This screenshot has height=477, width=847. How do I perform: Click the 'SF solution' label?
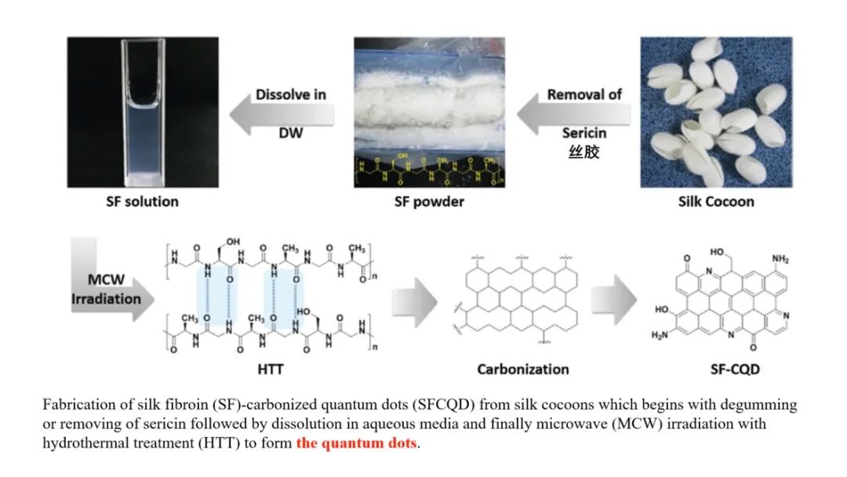point(142,202)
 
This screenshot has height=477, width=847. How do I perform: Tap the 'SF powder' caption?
point(429,202)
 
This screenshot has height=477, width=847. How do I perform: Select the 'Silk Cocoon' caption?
point(716,202)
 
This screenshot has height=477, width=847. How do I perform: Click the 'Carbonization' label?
point(522,368)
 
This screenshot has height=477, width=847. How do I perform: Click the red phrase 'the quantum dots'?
point(357,442)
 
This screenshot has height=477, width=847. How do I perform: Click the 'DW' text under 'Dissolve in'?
point(290,133)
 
